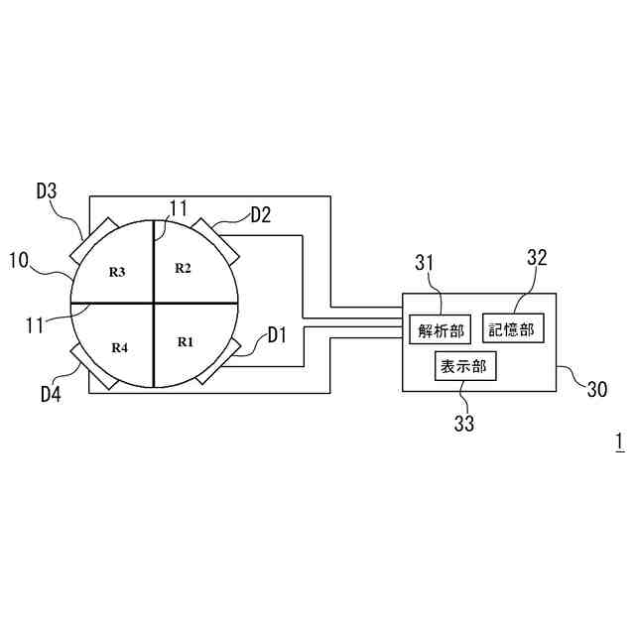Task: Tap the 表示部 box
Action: tap(465, 366)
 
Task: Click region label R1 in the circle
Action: tap(185, 341)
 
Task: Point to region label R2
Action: tap(183, 267)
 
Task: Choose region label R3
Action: tap(117, 271)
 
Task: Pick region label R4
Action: tap(119, 347)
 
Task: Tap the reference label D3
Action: tap(48, 190)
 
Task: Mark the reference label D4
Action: tap(52, 394)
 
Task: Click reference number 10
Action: tap(19, 260)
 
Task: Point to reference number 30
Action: tap(596, 390)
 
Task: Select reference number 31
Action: tap(425, 262)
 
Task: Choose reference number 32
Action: tap(537, 257)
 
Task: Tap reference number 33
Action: tap(464, 424)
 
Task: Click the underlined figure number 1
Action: tap(618, 441)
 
